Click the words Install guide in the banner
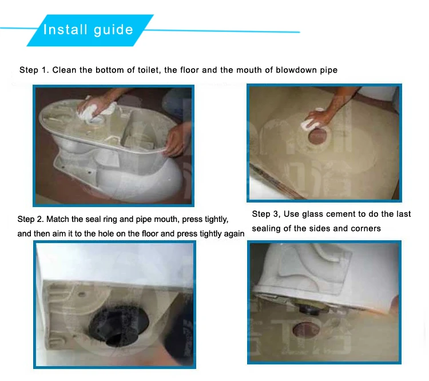point(88,30)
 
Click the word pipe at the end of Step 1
point(328,70)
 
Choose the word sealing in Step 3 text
point(267,229)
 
